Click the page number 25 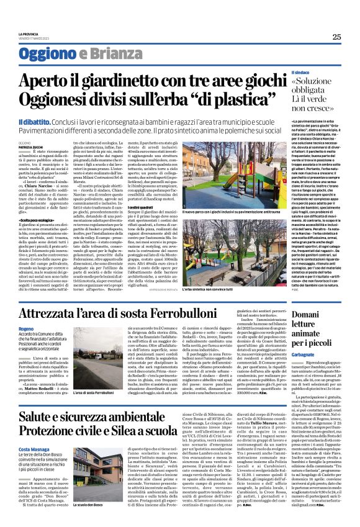[336, 37]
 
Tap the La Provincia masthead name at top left [27, 33]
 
